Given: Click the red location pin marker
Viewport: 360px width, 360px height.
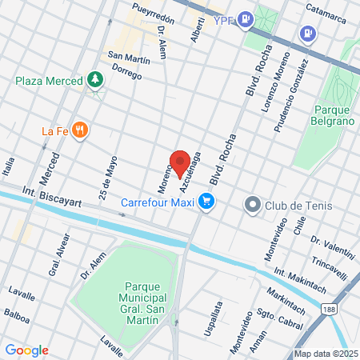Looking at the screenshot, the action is (180, 163).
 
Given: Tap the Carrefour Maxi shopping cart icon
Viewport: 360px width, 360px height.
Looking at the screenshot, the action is (206, 202).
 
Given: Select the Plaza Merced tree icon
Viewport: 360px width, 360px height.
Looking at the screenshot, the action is (96, 79).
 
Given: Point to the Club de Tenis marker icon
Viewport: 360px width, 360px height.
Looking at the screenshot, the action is (253, 205).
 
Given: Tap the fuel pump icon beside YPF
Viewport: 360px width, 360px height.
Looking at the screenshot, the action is (246, 18).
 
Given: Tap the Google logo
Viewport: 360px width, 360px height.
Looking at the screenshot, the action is (26, 350).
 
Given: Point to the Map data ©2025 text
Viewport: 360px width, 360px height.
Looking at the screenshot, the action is (324, 354).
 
